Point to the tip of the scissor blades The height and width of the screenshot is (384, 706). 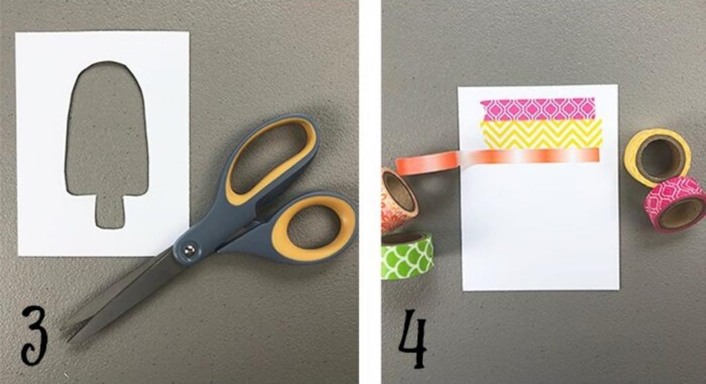[68, 338]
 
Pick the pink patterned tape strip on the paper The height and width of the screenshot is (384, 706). [538, 109]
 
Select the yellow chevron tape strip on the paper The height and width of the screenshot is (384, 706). [542, 134]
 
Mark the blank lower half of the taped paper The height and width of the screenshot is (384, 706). [541, 226]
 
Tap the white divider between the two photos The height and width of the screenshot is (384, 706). [370, 192]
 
